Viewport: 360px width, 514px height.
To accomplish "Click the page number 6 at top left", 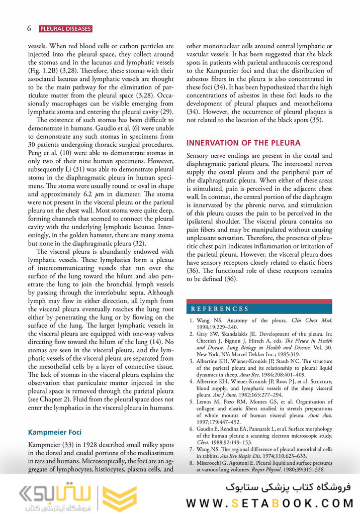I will click(x=29, y=29).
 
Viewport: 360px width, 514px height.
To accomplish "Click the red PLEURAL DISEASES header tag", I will click(x=65, y=29).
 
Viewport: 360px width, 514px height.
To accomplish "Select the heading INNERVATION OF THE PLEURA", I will click(x=243, y=143).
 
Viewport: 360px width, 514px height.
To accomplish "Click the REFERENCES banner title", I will click(x=219, y=309).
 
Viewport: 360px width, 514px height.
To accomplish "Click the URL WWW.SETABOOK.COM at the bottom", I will click(x=270, y=503).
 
